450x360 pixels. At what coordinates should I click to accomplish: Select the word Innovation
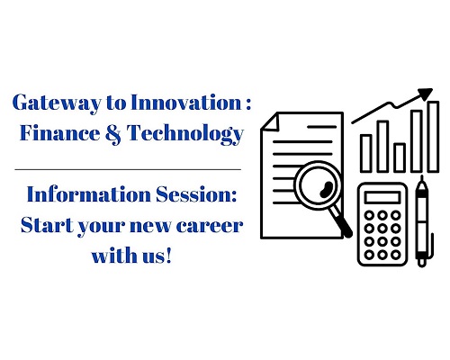pyautogui.click(x=186, y=103)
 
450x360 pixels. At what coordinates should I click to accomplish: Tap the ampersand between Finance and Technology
pyautogui.click(x=113, y=134)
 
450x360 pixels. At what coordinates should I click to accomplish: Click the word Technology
pyautogui.click(x=185, y=134)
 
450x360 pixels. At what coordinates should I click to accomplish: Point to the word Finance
pyautogui.click(x=59, y=132)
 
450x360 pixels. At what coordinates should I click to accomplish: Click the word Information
pyautogui.click(x=88, y=194)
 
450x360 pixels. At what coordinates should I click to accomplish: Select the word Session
pyautogui.click(x=196, y=194)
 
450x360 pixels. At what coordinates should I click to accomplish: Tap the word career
pyautogui.click(x=210, y=227)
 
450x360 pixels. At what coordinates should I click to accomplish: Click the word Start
pyautogui.click(x=47, y=225)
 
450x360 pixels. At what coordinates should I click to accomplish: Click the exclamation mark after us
pyautogui.click(x=168, y=256)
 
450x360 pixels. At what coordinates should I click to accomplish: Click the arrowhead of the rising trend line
pyautogui.click(x=426, y=94)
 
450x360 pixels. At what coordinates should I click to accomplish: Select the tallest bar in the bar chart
pyautogui.click(x=433, y=137)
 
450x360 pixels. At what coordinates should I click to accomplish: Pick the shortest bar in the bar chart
pyautogui.click(x=400, y=157)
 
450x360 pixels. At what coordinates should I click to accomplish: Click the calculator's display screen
pyautogui.click(x=382, y=198)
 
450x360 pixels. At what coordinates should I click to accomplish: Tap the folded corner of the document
pyautogui.click(x=271, y=121)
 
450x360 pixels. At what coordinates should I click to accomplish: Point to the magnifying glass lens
pyautogui.click(x=319, y=184)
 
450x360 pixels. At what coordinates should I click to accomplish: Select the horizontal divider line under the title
pyautogui.click(x=128, y=170)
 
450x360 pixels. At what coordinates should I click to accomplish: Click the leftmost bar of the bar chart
pyautogui.click(x=366, y=154)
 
